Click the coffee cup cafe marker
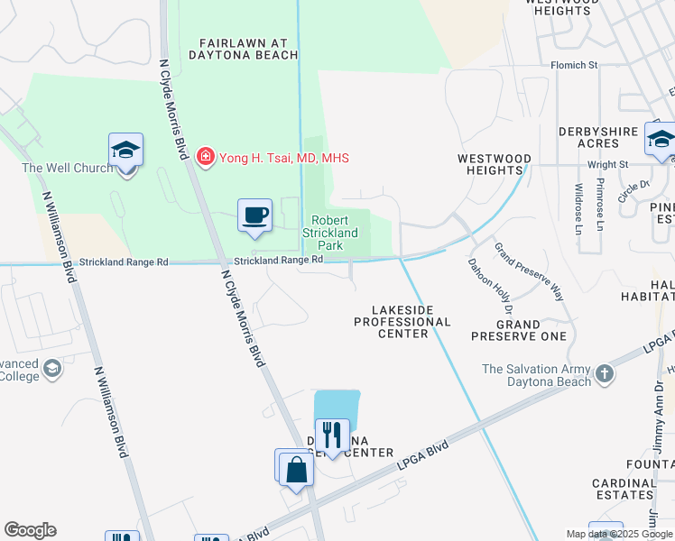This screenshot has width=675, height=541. (x=255, y=215)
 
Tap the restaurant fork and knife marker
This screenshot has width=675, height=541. (x=332, y=436)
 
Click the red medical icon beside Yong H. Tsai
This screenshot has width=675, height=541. (x=206, y=158)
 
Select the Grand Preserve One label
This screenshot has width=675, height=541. (x=519, y=330)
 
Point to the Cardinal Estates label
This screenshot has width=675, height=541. (x=624, y=488)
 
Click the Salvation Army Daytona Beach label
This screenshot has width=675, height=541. (x=536, y=375)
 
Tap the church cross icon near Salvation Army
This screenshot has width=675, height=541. (x=604, y=371)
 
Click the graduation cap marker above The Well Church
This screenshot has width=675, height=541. (x=125, y=151)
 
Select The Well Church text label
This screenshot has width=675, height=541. (x=68, y=168)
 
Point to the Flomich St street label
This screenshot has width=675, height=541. (x=575, y=65)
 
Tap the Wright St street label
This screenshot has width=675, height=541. (x=607, y=165)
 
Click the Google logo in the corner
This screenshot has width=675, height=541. (x=31, y=530)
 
